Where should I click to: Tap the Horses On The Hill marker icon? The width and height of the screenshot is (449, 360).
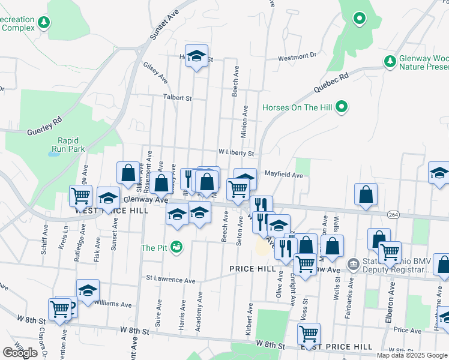342,108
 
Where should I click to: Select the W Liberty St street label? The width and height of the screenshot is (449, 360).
236,154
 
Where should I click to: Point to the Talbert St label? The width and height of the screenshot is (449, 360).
177,97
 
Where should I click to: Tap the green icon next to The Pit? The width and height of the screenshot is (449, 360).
176,247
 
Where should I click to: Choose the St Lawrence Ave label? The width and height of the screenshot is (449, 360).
171,280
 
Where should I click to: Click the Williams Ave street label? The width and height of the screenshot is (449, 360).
112,304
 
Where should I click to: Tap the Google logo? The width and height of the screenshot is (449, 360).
20,353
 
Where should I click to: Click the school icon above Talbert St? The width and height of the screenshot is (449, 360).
196,56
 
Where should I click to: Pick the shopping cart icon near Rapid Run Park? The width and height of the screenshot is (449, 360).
80,194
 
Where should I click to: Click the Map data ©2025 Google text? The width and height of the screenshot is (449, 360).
411,355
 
